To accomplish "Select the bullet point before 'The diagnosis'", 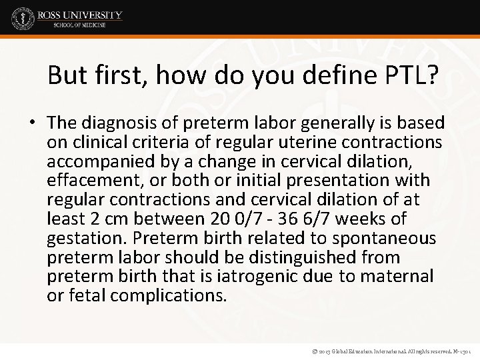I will coord(32,123).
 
